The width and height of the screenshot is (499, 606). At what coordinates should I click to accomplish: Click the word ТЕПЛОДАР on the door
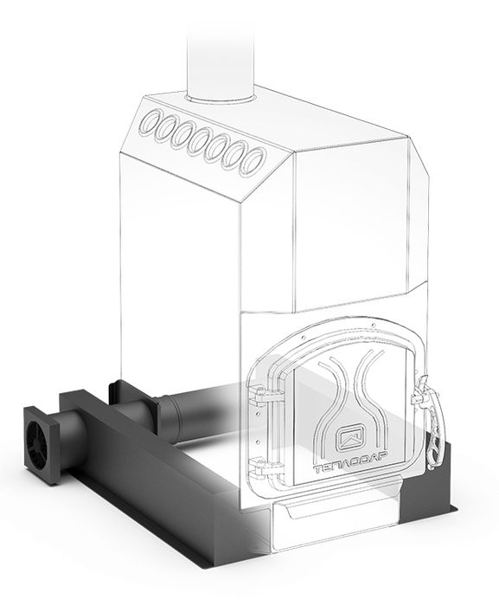pyautogui.click(x=351, y=468)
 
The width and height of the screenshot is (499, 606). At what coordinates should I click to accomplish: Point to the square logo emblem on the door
pyautogui.click(x=351, y=438)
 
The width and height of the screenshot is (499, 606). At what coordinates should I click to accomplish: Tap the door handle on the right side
pyautogui.click(x=431, y=422)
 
